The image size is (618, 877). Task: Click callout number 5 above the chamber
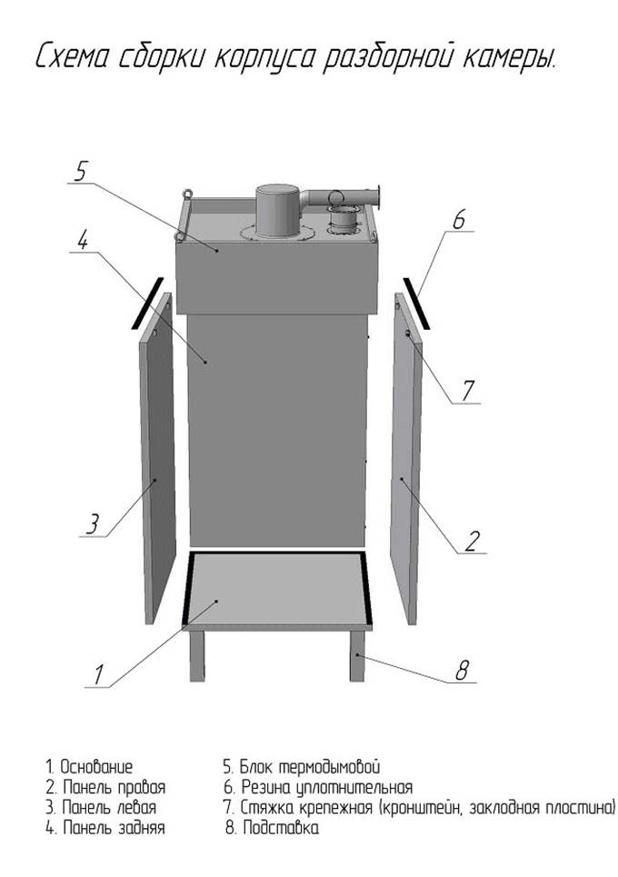81,171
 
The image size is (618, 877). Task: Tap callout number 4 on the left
82,241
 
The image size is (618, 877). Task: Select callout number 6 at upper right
459,220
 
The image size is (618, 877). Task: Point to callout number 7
468,391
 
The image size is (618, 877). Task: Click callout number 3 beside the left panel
93,524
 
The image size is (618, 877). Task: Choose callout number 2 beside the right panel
473,541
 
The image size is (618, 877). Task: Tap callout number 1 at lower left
98,674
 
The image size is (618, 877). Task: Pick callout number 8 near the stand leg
462,670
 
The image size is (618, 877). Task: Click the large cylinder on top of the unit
278,213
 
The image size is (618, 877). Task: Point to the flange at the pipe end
379,197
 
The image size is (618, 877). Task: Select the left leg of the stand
197,655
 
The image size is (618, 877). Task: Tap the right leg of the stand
358,655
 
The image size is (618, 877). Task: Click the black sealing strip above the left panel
147,303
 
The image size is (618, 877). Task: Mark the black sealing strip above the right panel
416,303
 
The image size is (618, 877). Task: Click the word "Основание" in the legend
96,766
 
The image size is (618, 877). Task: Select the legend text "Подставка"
281,827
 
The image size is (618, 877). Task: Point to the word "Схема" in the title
72,57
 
